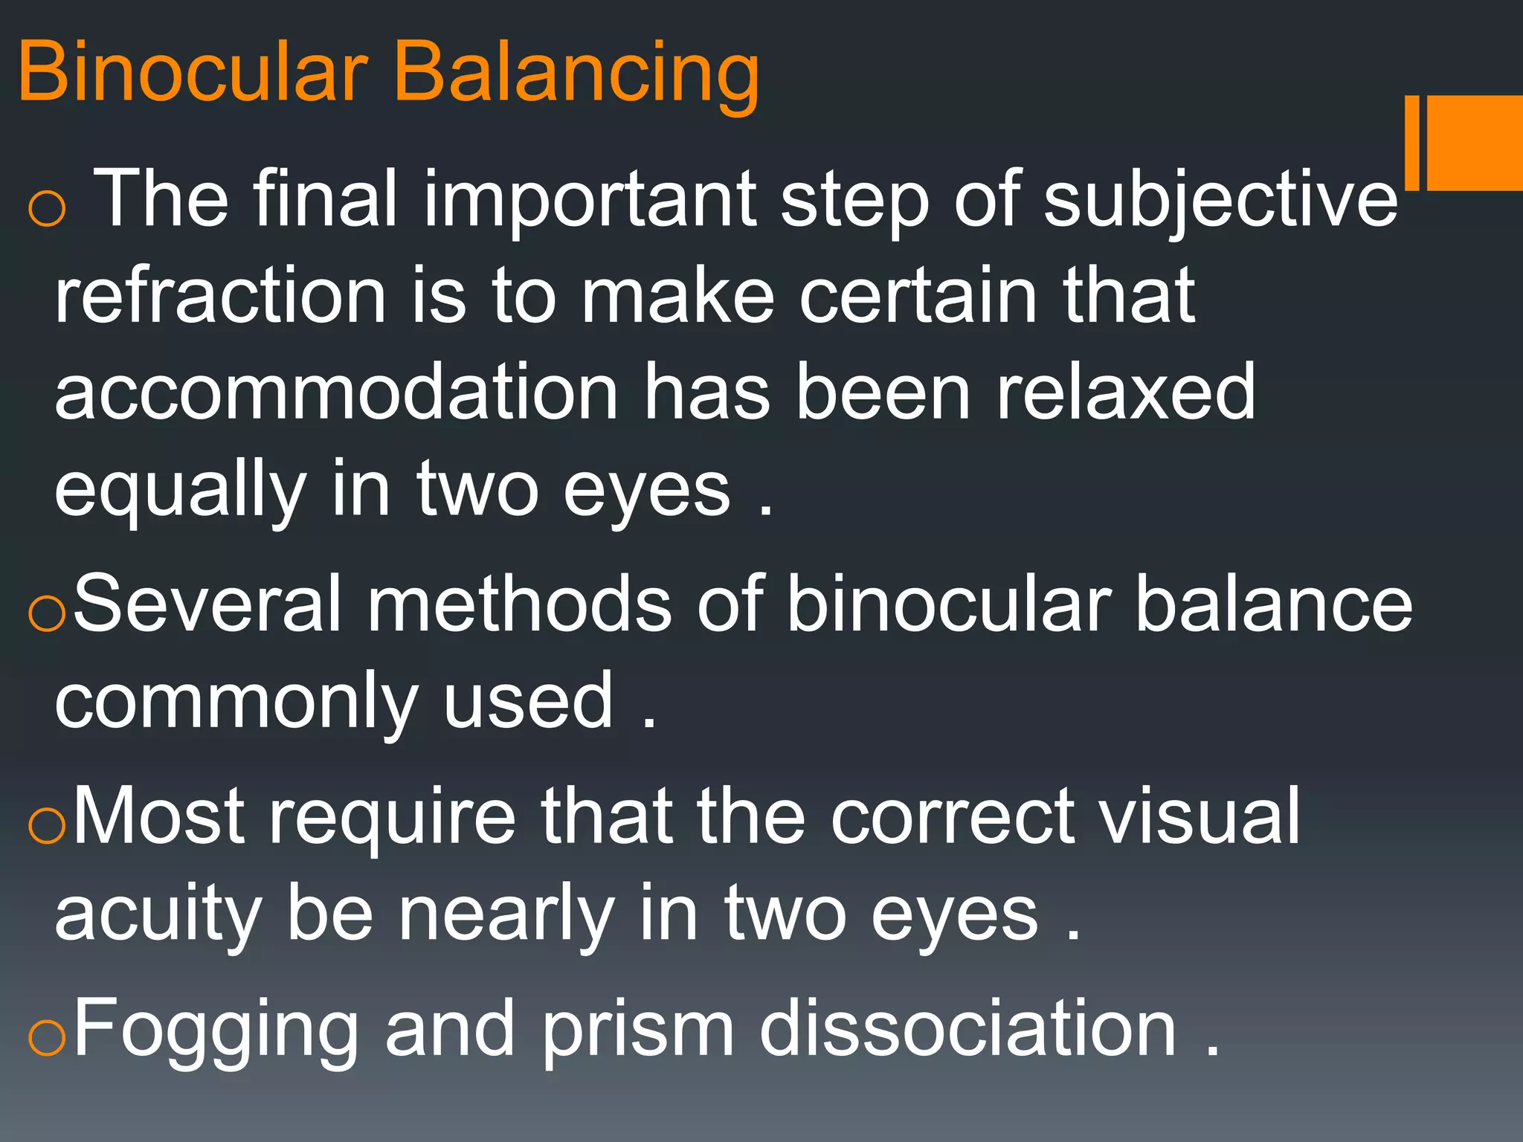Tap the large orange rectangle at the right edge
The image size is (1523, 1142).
(x=1474, y=143)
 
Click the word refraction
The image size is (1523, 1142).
(x=220, y=296)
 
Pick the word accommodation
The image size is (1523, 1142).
(x=336, y=393)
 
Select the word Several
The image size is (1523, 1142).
(x=207, y=604)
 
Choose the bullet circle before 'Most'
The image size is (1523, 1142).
(x=47, y=827)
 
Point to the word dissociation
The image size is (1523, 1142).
(x=967, y=1029)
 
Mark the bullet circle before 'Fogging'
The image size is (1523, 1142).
(x=47, y=1038)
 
